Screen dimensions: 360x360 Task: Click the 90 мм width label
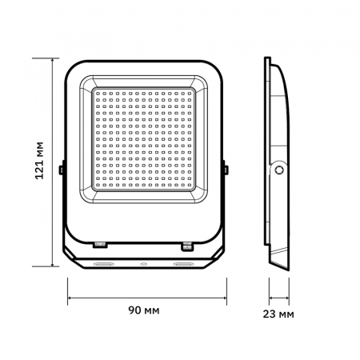pyautogui.click(x=144, y=310)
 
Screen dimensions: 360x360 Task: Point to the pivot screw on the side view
pyautogui.click(x=279, y=170)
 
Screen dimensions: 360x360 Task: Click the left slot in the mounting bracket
pyautogui.click(x=103, y=262)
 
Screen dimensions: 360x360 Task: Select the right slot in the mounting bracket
pyautogui.click(x=184, y=262)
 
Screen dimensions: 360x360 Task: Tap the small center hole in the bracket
pyautogui.click(x=144, y=262)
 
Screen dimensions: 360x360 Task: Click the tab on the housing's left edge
pyautogui.click(x=62, y=170)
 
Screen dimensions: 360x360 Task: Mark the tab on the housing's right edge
pyautogui.click(x=226, y=170)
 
